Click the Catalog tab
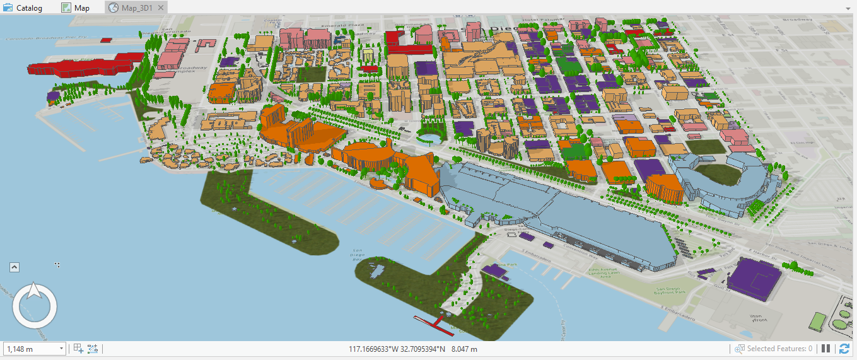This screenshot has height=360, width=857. click(23, 8)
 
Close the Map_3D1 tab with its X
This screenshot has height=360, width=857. click(160, 8)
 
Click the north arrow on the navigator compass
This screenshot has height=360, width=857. click(35, 293)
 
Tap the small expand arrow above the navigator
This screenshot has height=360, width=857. click(15, 267)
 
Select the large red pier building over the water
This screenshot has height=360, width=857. click(85, 65)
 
